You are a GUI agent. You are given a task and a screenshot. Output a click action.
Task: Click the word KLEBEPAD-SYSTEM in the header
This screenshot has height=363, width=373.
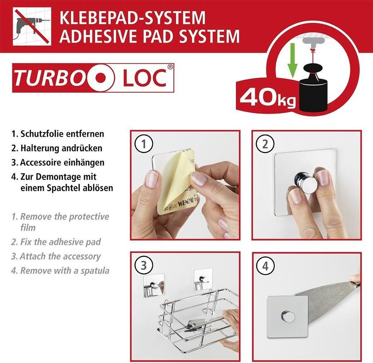[132, 18]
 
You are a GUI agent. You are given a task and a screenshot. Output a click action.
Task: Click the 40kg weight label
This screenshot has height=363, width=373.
[266, 98]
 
